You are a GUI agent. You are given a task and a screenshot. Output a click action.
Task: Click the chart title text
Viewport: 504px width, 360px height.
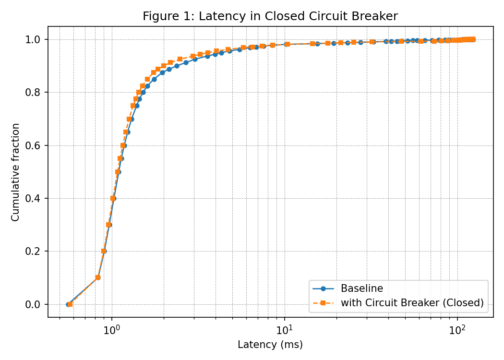coord(270,16)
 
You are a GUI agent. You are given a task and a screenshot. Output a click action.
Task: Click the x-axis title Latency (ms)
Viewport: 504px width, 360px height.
coord(270,345)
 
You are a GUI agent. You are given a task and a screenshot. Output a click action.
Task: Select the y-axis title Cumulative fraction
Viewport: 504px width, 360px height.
coord(16,172)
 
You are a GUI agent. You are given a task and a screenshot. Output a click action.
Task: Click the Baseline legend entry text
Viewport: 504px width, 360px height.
coord(362,288)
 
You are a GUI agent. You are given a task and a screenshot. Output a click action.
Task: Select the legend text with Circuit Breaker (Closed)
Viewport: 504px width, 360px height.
coord(412,303)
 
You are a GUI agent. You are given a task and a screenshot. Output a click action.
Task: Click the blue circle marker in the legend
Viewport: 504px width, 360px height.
coord(323,288)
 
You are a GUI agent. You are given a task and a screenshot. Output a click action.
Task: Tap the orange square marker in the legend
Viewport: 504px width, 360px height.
coord(323,303)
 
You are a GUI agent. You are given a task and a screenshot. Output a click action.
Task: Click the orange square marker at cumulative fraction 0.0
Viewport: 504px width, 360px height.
coord(70,304)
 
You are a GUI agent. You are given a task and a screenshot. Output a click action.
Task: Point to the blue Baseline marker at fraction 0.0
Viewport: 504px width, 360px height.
coord(68,304)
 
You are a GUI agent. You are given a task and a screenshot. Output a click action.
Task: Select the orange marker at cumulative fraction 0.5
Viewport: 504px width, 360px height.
coord(117,172)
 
